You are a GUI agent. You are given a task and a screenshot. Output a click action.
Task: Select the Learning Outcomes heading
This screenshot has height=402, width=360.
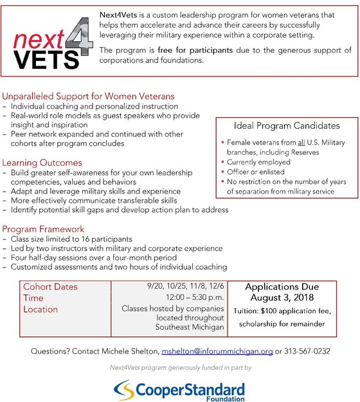[x=42, y=163]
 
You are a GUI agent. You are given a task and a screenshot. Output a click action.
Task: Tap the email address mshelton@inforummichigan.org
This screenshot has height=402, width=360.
[x=219, y=352]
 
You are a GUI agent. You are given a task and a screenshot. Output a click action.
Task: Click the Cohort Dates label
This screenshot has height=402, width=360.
[x=50, y=287]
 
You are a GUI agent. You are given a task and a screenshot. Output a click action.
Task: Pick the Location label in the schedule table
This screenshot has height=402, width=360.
[x=40, y=309]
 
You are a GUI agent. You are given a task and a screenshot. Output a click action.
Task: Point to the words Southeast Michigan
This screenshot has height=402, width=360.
[x=190, y=327]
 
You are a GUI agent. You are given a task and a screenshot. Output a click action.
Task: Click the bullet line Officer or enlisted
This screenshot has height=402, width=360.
[x=255, y=172]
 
